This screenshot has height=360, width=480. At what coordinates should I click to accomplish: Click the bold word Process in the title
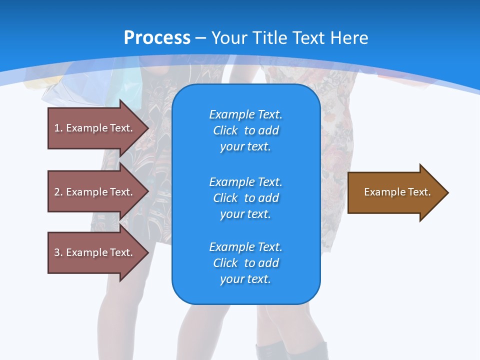(157, 38)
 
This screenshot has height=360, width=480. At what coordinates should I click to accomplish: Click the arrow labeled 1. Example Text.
(93, 128)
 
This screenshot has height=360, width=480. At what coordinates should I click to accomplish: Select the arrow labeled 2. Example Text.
(93, 192)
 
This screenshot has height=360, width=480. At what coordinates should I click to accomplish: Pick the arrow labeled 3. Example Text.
(93, 252)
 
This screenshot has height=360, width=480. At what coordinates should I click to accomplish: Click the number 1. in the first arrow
(58, 128)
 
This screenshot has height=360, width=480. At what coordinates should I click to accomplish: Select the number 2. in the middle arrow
(58, 192)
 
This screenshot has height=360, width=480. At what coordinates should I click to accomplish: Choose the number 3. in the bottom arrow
(58, 252)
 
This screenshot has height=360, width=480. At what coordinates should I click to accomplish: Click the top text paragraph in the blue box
(245, 130)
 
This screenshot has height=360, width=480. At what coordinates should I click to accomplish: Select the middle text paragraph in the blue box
(245, 197)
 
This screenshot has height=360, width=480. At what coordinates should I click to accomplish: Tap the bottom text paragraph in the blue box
(245, 262)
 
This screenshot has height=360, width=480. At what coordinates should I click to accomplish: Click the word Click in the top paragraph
(225, 130)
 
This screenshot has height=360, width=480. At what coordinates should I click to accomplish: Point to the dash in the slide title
(201, 38)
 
